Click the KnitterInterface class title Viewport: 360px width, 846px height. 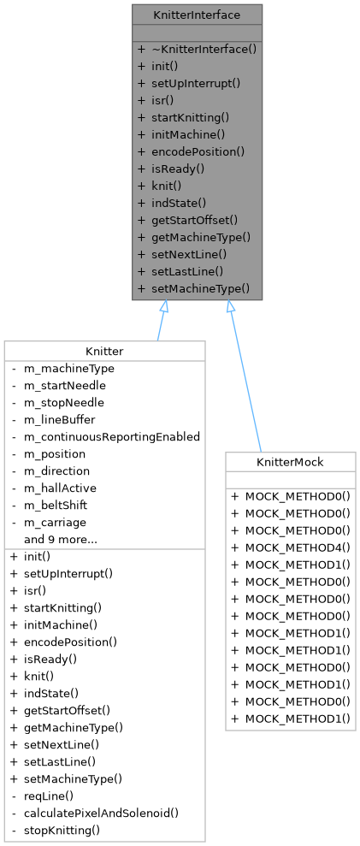point(197,15)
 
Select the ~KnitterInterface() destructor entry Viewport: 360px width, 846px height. point(204,50)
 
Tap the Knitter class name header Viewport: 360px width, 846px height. point(104,351)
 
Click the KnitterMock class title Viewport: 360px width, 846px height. point(291,462)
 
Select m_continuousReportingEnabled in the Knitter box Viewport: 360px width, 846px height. point(111,436)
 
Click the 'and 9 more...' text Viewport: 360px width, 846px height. point(60,539)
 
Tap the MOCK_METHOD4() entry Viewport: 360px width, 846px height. point(293,547)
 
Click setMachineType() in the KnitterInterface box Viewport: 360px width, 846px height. point(201,288)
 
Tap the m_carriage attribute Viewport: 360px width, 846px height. point(56,522)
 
